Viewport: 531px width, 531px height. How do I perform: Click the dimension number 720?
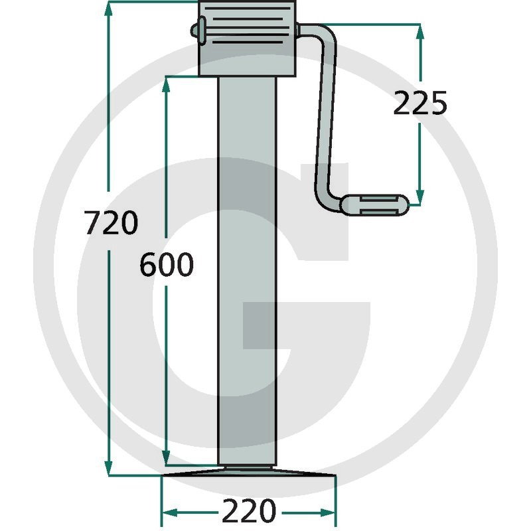(111, 222)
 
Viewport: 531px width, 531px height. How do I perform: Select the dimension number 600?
(167, 264)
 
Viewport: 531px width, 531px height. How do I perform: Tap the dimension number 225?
(420, 103)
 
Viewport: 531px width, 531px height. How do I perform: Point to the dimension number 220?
(249, 510)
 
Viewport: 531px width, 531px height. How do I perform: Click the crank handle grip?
(374, 205)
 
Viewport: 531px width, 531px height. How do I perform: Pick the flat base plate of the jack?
(249, 473)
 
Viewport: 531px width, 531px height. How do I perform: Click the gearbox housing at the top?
(247, 38)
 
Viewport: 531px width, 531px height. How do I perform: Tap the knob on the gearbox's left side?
(198, 31)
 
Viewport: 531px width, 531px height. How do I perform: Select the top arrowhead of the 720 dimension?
(108, 9)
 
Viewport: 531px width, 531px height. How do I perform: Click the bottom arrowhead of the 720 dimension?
(108, 468)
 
